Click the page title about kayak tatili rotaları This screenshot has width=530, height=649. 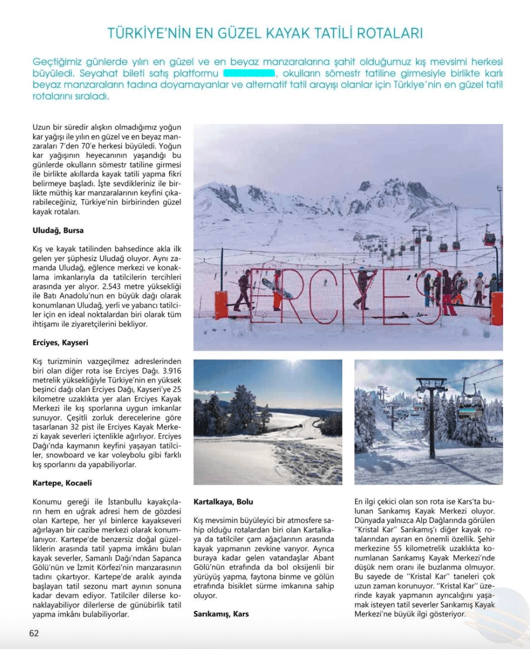pyautogui.click(x=265, y=34)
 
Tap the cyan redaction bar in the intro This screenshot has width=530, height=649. pyautogui.click(x=249, y=73)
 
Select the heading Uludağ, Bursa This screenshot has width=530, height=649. pyautogui.click(x=58, y=231)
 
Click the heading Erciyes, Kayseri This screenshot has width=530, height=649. pyautogui.click(x=60, y=343)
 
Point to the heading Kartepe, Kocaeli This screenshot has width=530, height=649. pyautogui.click(x=62, y=483)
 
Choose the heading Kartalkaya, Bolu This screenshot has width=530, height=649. pyautogui.click(x=223, y=502)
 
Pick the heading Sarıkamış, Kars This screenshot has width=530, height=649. pyautogui.click(x=221, y=614)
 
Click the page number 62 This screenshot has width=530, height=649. pyautogui.click(x=34, y=633)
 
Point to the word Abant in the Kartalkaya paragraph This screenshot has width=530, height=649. pyautogui.click(x=324, y=558)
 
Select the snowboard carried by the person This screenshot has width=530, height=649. pyautogui.click(x=277, y=288)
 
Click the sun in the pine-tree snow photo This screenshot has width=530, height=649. pyautogui.click(x=292, y=363)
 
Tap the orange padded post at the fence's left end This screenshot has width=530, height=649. pyautogui.click(x=221, y=305)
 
